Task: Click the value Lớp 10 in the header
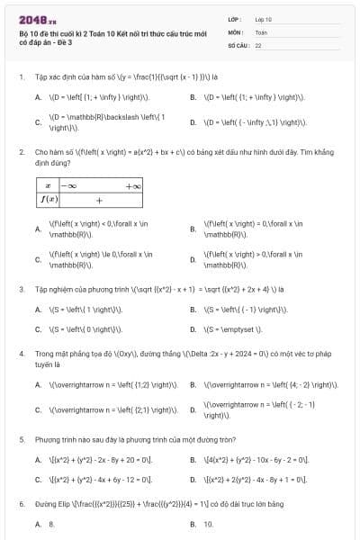pyautogui.click(x=263, y=18)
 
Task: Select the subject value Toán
pyautogui.click(x=261, y=31)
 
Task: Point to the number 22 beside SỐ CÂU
pyautogui.click(x=258, y=44)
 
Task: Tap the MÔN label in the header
pyautogui.click(x=235, y=31)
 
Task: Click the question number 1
pyautogui.click(x=21, y=76)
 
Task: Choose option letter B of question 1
pyautogui.click(x=193, y=96)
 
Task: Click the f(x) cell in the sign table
pyautogui.click(x=46, y=199)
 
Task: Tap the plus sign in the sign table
pyautogui.click(x=99, y=200)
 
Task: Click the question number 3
pyautogui.click(x=21, y=290)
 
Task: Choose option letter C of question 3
pyautogui.click(x=38, y=329)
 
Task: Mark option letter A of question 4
pyautogui.click(x=38, y=385)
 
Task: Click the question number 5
pyautogui.click(x=21, y=440)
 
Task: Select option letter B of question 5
pyautogui.click(x=193, y=460)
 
